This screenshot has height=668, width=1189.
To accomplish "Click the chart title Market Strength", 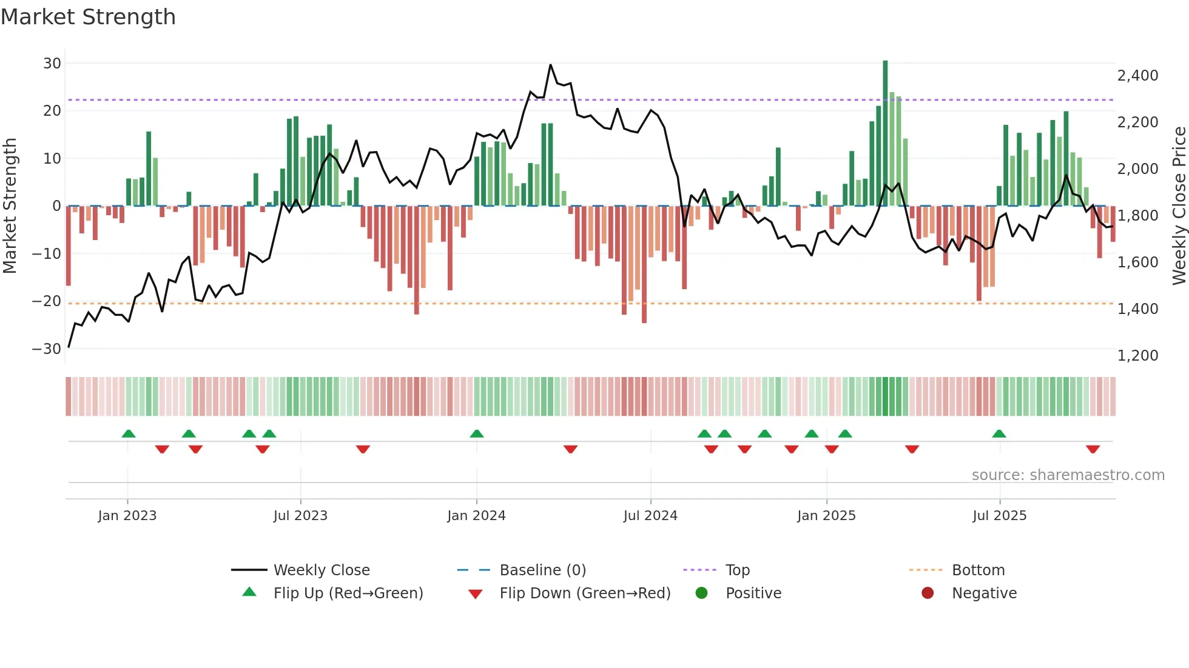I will [88, 17].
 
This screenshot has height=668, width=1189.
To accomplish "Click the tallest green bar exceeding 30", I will [885, 133].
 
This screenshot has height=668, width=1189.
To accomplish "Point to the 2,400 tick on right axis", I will [1137, 76].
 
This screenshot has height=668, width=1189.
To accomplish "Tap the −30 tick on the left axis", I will [46, 349].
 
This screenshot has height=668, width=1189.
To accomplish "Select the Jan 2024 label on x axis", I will [476, 516].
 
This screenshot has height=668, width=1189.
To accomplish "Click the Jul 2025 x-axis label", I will [999, 516].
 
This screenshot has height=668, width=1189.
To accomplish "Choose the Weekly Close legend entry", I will [321, 570].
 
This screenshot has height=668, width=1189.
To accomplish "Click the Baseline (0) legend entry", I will [542, 570].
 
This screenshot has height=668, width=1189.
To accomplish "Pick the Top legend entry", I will [738, 570].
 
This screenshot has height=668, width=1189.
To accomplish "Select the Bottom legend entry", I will [978, 570].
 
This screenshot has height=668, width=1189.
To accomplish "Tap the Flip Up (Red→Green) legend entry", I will [348, 593].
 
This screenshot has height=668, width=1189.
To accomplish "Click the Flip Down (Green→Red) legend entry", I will [585, 593].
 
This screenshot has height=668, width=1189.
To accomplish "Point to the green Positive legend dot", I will [702, 593].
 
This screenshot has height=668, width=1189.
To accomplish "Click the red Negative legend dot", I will [928, 593].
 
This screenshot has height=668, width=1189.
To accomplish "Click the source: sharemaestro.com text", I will [1068, 475].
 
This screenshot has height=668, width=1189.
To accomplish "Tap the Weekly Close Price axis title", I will [1179, 206].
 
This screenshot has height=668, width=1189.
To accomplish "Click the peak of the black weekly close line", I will [550, 65].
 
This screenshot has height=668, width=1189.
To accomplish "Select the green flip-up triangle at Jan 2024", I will [477, 433].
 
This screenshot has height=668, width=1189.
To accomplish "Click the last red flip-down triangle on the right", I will [1093, 449].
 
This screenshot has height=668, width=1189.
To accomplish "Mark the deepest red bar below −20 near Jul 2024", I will [644, 264].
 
